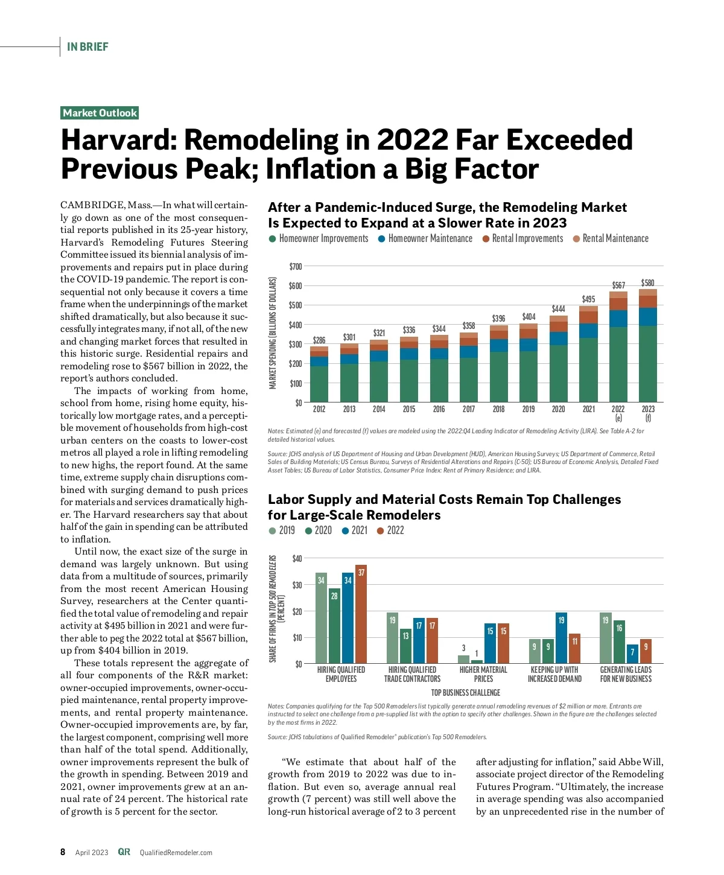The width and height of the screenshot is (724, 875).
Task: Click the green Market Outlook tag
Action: click(100, 113)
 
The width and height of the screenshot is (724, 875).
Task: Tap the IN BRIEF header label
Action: click(87, 47)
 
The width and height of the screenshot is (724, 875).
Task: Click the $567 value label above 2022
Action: click(618, 285)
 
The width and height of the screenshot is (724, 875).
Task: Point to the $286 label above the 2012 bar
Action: click(319, 340)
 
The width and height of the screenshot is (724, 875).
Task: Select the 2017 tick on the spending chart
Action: click(469, 409)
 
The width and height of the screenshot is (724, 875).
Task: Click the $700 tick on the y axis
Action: click(295, 266)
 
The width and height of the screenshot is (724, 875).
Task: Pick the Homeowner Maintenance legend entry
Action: click(425, 238)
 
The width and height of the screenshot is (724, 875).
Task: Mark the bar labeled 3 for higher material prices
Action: click(463, 659)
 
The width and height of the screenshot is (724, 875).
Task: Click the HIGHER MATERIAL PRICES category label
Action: click(483, 674)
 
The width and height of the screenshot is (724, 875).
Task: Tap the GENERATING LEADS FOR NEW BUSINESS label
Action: click(626, 674)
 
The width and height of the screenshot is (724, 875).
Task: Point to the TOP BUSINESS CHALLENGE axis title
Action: click(466, 693)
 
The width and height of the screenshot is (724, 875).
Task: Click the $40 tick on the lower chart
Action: click(297, 558)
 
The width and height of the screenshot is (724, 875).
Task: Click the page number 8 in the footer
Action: click(63, 852)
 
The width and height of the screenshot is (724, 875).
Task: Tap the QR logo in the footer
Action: click(124, 852)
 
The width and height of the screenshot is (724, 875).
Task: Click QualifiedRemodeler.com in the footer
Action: click(176, 853)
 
